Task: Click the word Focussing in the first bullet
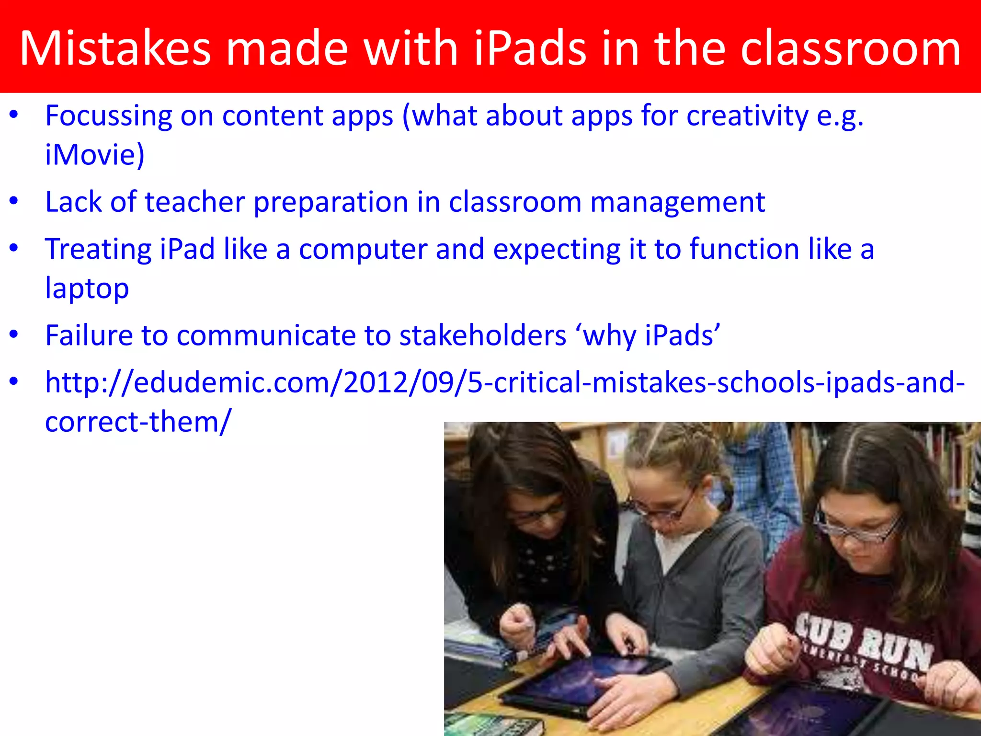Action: [108, 116]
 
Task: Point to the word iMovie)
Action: [94, 155]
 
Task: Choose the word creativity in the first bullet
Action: [747, 116]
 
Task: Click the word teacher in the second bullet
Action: [195, 202]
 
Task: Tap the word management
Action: [677, 202]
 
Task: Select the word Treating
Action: [98, 249]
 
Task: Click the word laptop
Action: [87, 288]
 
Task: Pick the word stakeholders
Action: [483, 335]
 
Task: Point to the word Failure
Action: [89, 335]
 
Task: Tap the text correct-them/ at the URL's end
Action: [138, 422]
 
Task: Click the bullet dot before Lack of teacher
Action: [14, 202]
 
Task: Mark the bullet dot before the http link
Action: [14, 382]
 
